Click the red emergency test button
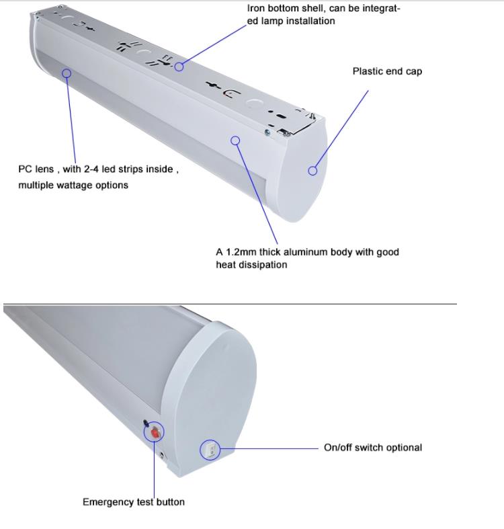156,433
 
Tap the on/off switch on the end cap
210,449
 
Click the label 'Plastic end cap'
387,71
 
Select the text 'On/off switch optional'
373,448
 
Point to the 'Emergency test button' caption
134,502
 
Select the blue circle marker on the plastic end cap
312,171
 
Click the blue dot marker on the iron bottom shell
179,67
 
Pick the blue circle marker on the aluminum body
235,140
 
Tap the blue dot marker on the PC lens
67,73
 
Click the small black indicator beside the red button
146,423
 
